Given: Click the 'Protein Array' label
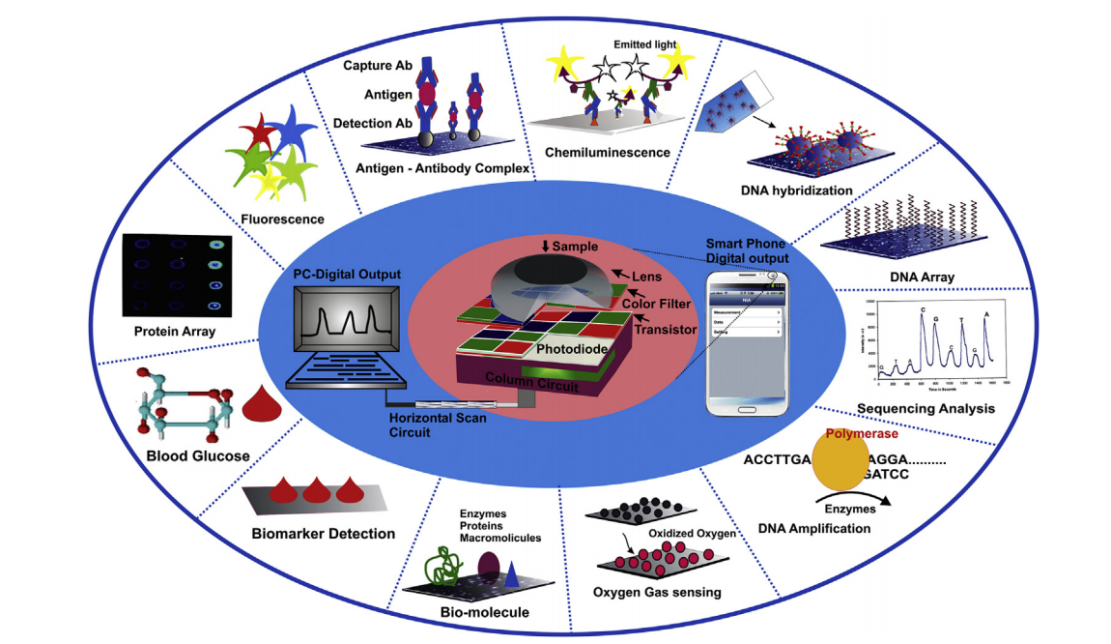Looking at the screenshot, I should pos(175,332).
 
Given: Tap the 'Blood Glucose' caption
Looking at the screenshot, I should pos(198,456).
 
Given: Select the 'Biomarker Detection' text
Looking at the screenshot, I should pos(323,533).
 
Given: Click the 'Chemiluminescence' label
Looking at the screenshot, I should pos(607,153).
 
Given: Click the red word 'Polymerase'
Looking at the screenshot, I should pos(866,435).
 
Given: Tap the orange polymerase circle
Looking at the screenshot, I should pos(840,462).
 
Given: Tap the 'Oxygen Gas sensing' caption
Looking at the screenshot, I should pos(657,592).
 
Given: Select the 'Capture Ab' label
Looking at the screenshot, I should pos(377,65).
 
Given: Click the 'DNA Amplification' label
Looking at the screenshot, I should pos(813,528).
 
